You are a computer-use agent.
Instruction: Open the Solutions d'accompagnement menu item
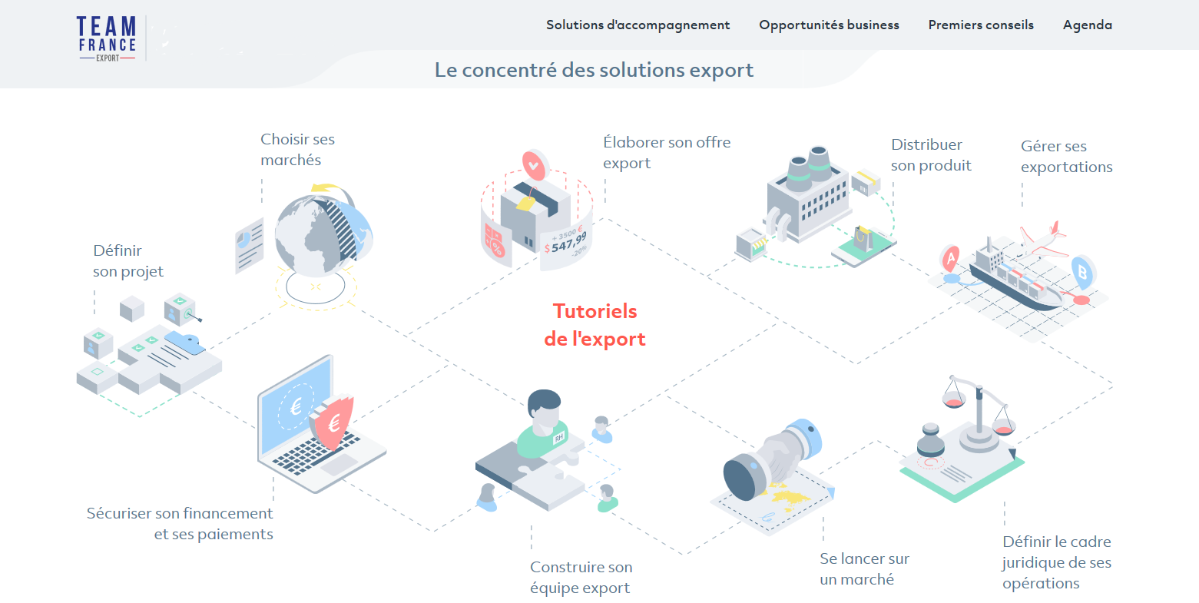[x=638, y=25]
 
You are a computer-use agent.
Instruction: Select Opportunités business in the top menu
[x=829, y=25]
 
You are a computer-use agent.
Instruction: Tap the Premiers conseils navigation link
[x=981, y=25]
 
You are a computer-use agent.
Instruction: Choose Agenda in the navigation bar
[x=1087, y=25]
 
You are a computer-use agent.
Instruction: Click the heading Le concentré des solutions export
[x=594, y=70]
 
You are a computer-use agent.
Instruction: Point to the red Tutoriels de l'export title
[x=595, y=325]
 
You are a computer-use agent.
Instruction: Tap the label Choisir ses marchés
[x=297, y=150]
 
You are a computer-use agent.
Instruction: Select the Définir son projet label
[x=128, y=261]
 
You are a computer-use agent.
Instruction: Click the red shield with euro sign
[x=333, y=422]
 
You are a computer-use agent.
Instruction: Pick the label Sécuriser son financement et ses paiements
[x=180, y=524]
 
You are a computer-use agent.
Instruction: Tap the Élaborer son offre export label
[x=666, y=153]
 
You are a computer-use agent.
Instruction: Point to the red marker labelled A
[x=951, y=259]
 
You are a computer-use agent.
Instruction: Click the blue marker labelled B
[x=1082, y=271]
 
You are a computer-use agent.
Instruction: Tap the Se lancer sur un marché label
[x=864, y=569]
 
